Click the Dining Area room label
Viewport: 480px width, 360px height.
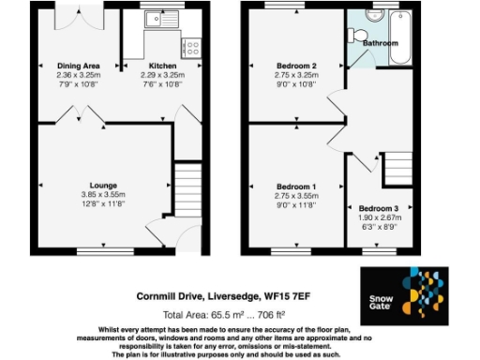[77, 66]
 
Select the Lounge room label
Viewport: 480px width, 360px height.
[103, 186]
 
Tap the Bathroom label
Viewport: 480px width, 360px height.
[381, 44]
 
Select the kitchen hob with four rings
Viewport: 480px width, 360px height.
[192, 45]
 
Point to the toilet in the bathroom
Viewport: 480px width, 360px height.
[357, 35]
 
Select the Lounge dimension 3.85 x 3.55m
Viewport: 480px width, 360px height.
[103, 195]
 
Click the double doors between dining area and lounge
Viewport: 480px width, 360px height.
[78, 114]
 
